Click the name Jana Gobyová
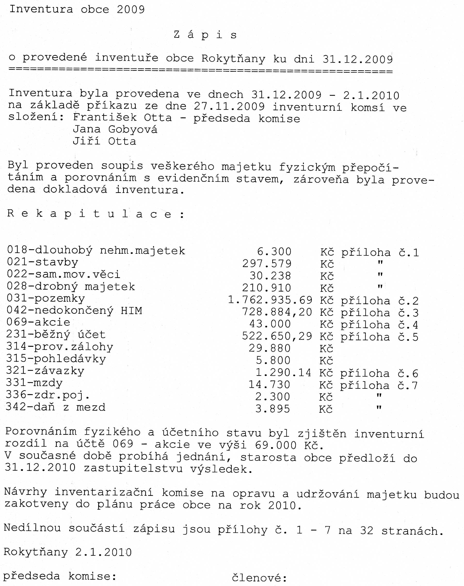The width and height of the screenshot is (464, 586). point(115,129)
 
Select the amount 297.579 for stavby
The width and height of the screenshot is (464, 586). point(267,263)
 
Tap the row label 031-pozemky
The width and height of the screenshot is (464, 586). point(46,298)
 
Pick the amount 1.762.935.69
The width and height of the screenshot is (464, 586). point(270,300)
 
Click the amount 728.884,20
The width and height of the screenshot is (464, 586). point(277,312)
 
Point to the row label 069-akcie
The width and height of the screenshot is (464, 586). point(38,322)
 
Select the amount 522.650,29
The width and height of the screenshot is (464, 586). point(277,336)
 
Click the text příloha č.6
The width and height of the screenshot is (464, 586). point(379,374)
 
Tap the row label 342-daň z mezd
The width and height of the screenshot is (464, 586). point(56,407)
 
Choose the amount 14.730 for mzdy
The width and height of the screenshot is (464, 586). point(269,385)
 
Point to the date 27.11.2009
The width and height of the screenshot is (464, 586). point(229,106)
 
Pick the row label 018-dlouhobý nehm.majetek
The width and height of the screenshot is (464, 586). point(96,250)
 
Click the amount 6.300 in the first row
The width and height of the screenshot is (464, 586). point(274,252)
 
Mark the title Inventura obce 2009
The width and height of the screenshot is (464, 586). point(77,9)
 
